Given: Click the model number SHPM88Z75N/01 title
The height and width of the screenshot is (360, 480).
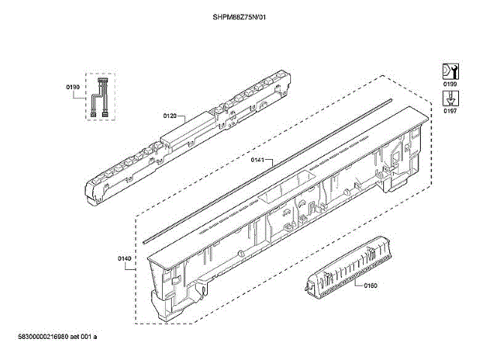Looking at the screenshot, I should click(239, 16).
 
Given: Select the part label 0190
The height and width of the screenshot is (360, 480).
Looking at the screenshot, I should click(73, 88).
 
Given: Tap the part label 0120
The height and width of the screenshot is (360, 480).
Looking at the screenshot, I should click(169, 116).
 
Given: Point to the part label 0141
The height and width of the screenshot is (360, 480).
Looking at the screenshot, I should click(257, 160).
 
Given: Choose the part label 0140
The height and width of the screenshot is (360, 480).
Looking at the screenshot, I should click(124, 259).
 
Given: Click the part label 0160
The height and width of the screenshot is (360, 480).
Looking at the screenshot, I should click(370, 286).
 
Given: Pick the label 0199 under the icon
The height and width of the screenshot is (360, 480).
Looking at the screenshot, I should click(450, 85).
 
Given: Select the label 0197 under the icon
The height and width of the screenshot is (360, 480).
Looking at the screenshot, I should click(450, 111).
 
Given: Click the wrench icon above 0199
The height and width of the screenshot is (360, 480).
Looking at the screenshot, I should click(449, 71).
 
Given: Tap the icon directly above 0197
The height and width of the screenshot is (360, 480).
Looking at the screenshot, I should click(449, 97).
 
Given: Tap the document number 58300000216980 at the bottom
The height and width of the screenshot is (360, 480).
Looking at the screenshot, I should click(52, 337).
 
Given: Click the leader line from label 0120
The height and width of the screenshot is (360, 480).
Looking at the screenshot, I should click(181, 118).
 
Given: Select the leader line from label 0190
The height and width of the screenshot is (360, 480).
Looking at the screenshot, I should click(82, 88).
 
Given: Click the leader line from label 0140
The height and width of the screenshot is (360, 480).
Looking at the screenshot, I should click(137, 258).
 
